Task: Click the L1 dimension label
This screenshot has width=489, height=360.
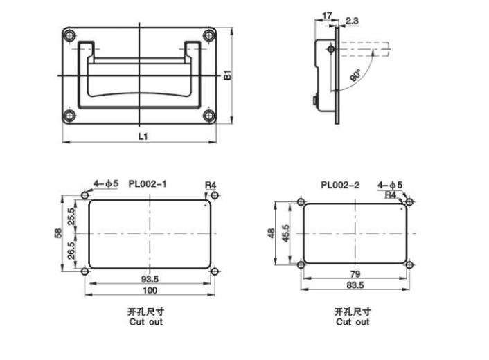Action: point(141,137)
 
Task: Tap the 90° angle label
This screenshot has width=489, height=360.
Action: point(356,77)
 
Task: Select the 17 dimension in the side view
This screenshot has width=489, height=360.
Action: point(326,14)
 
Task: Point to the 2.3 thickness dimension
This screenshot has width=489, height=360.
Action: point(351,21)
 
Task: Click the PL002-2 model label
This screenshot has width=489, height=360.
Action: point(339,185)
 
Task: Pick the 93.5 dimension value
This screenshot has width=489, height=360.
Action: point(150,279)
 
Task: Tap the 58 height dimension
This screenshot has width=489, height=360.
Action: point(59,234)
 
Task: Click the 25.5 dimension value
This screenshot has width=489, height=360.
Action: point(71,217)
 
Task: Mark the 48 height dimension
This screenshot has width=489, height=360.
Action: point(272,234)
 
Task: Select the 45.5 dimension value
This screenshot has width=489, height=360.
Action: point(286,234)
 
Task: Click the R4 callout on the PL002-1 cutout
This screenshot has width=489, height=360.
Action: point(211,185)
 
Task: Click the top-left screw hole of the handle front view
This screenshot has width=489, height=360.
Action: point(68,35)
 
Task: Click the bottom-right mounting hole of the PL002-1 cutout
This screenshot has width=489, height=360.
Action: point(215,271)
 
